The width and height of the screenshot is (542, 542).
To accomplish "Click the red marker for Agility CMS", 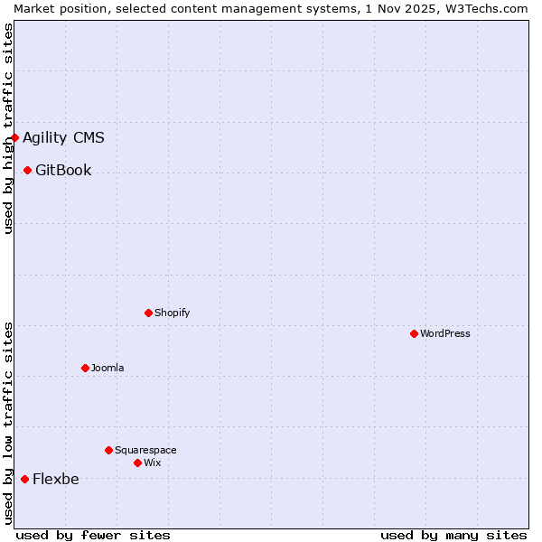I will [x=15, y=137].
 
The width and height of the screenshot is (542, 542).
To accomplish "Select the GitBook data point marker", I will [x=28, y=170].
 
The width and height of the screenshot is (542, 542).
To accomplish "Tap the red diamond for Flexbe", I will [x=24, y=479].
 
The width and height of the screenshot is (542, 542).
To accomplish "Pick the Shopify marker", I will [x=149, y=313].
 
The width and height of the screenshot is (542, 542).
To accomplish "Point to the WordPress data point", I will [x=415, y=333].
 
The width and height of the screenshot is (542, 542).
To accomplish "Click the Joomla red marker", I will [x=86, y=368].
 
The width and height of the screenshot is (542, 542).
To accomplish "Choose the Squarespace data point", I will [x=109, y=450].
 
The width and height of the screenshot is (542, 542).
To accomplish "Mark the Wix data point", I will [x=138, y=463].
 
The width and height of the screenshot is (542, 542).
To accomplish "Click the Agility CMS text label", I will [x=63, y=138].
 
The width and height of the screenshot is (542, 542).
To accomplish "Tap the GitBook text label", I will [x=63, y=171].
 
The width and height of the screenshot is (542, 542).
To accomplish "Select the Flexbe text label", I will [x=56, y=480].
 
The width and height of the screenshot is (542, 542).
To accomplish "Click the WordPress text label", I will [x=445, y=334].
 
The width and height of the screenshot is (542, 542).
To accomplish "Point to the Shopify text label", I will [x=173, y=313].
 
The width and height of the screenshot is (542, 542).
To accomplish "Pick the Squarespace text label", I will [x=145, y=451].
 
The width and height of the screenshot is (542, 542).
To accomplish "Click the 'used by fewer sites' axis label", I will [x=93, y=535].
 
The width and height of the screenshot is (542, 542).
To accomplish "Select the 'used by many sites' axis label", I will [x=453, y=535].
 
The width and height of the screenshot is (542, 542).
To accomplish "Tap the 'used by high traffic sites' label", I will [x=8, y=128].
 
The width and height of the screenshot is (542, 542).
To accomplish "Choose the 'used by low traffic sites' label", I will [x=8, y=423].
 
